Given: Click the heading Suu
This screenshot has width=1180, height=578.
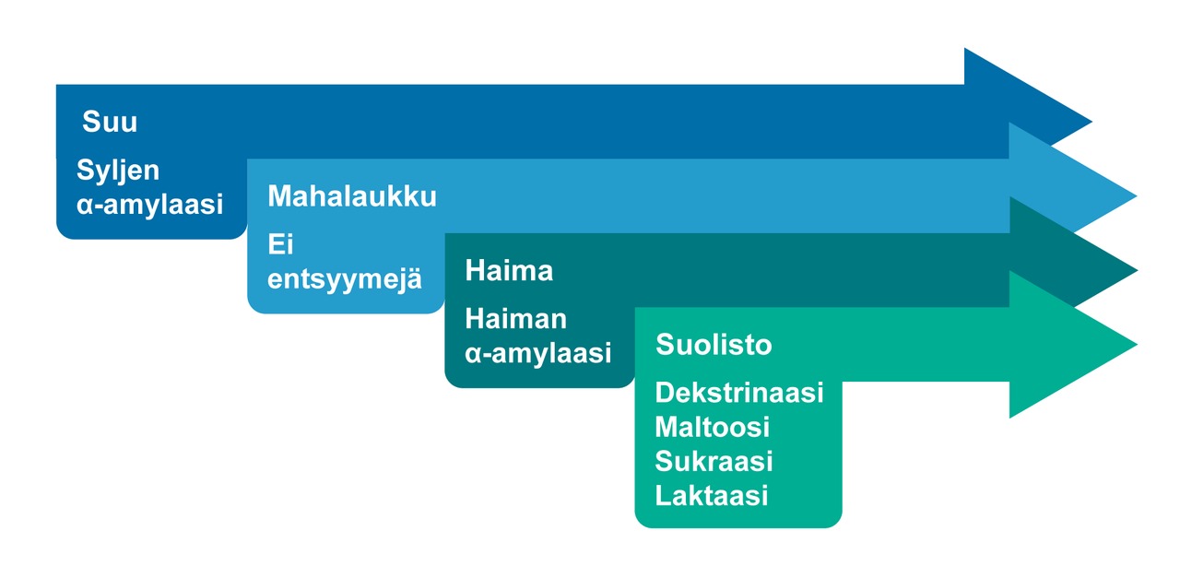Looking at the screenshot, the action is coord(110,122).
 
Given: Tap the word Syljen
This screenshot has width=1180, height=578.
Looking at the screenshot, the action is coord(118,171).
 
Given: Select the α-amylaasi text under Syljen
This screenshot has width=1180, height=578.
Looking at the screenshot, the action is coord(149,205).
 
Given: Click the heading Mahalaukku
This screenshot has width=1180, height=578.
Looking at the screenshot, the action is coord(352,196).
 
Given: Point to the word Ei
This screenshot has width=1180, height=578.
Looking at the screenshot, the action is coord(280,244).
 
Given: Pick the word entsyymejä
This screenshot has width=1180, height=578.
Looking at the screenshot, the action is coord(345,278).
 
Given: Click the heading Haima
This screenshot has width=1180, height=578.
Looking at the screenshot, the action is coord(509,270).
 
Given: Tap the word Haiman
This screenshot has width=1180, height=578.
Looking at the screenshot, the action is coord(515,319).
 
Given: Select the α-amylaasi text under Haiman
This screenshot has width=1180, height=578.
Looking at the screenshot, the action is coord(537,353).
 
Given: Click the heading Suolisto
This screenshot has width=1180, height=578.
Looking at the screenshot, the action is coord(714,345).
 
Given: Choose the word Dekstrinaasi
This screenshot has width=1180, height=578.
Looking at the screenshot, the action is coord(739,393).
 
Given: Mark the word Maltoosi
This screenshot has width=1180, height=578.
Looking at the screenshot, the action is coord(713,427).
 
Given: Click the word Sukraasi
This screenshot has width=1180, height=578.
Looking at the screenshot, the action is coord(714,462).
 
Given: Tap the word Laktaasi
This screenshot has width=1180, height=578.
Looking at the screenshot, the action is coord(712,496).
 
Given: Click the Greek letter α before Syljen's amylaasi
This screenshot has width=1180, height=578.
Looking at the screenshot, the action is coord(86,205).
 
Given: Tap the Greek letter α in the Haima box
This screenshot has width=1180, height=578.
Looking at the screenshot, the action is coord(474,354).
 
